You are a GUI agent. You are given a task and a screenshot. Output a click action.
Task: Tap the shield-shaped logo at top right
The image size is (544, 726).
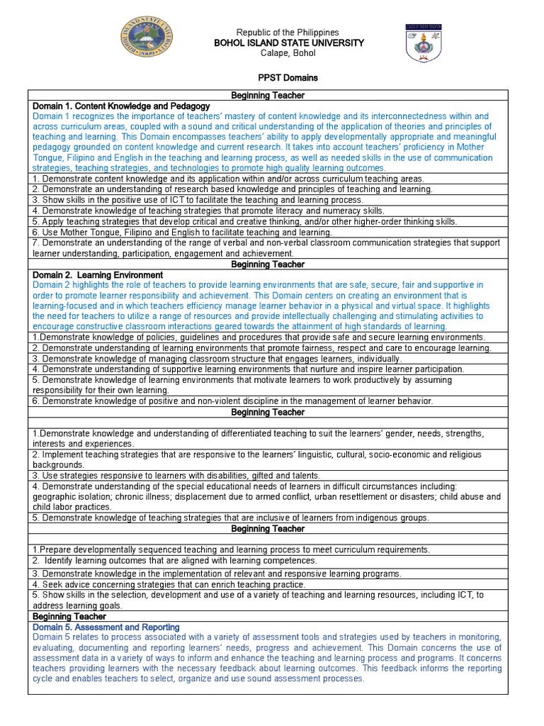tap(423, 43)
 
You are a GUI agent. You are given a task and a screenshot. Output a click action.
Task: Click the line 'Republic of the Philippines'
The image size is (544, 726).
tap(288, 33)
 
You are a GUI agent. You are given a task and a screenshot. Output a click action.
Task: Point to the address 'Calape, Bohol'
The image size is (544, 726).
tap(288, 54)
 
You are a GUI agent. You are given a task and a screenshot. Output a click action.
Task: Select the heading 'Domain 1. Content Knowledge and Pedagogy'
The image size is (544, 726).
tap(121, 106)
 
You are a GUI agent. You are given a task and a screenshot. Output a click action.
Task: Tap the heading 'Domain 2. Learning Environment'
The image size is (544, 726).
tap(98, 274)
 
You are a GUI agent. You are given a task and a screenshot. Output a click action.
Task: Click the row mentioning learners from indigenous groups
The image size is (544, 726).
tap(231, 518)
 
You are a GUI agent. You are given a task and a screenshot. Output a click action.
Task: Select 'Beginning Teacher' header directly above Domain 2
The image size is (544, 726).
tap(268, 264)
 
